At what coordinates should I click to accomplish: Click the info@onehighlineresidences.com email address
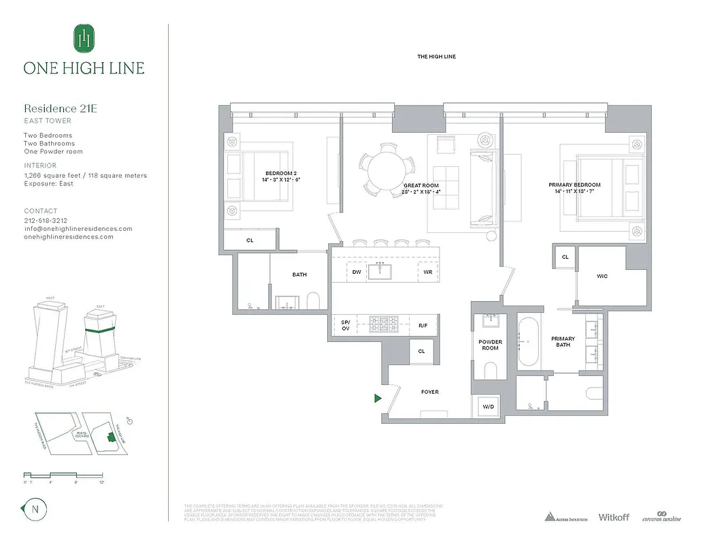[x=78, y=229]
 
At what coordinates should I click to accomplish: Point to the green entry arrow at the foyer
[x=378, y=399]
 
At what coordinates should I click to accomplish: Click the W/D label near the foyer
[x=488, y=407]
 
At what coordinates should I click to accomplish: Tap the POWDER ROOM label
[x=490, y=345]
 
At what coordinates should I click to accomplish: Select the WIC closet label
[x=602, y=276]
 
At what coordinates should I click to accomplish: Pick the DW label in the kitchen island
[x=356, y=272]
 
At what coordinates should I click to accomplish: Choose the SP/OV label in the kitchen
[x=345, y=325]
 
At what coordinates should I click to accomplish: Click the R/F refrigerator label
[x=423, y=326]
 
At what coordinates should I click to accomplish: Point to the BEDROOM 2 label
[x=280, y=177]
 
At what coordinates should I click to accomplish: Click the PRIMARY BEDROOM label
[x=574, y=188]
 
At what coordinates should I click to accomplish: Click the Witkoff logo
[x=613, y=517]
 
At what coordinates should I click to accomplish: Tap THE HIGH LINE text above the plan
[x=436, y=57]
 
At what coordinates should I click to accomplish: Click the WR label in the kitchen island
[x=427, y=272]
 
